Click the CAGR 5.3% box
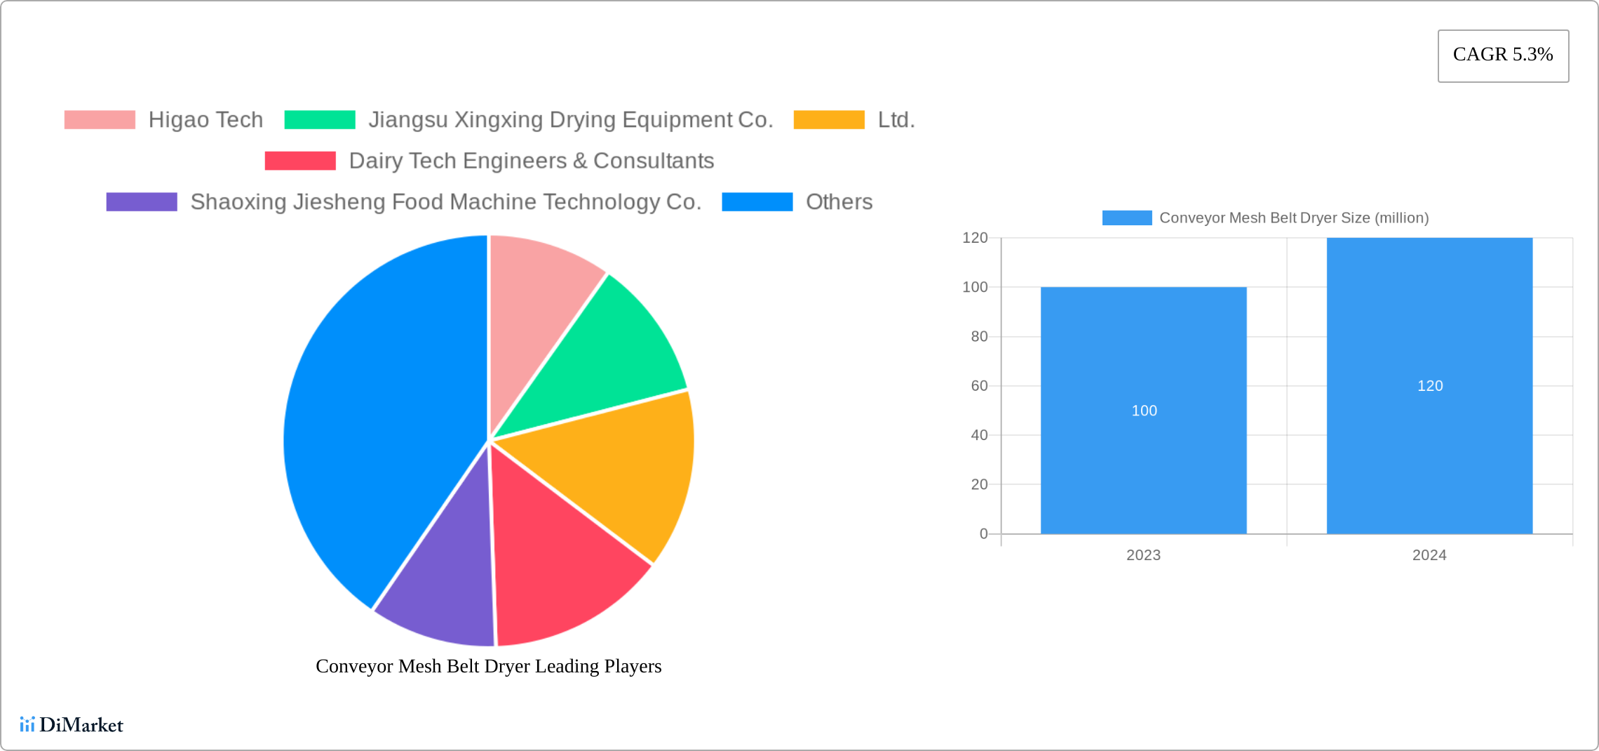(x=1503, y=55)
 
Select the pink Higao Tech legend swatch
(x=100, y=120)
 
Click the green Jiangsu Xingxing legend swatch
(x=320, y=120)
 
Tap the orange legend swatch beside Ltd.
(x=829, y=120)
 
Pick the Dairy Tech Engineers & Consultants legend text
(x=531, y=161)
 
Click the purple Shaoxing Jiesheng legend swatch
(x=142, y=202)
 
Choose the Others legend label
(x=839, y=202)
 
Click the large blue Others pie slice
(x=379, y=421)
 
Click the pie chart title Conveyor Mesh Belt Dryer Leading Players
(x=488, y=666)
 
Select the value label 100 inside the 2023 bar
(x=1144, y=411)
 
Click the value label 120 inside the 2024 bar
(x=1429, y=386)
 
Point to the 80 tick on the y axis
(x=979, y=337)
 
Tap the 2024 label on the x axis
(x=1429, y=555)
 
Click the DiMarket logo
(x=72, y=724)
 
